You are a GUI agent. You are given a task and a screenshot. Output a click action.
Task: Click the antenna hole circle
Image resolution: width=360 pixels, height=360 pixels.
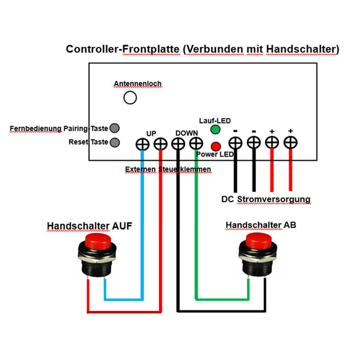130,97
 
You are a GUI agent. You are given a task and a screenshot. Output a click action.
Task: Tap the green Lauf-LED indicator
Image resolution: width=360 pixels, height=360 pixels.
215,130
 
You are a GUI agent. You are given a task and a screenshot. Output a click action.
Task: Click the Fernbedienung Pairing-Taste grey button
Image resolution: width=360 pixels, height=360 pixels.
114,128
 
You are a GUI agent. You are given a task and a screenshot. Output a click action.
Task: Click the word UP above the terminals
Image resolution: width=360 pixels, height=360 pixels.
151,133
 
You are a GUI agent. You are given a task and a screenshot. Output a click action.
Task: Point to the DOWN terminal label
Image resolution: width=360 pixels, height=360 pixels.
187,133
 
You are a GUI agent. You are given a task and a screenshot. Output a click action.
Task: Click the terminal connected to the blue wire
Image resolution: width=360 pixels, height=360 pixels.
142,144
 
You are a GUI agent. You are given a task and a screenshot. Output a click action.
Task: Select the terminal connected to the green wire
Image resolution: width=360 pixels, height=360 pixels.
196,144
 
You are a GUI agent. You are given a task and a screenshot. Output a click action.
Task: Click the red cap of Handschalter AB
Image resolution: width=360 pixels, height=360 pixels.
260,244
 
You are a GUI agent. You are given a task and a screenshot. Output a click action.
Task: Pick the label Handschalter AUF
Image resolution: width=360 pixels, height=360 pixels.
89,226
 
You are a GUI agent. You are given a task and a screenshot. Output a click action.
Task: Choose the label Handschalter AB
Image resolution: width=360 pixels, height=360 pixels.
260,225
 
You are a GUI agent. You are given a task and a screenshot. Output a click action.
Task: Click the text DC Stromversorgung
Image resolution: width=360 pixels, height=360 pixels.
265,199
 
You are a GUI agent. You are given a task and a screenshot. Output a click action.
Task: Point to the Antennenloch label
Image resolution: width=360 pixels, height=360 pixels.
137,83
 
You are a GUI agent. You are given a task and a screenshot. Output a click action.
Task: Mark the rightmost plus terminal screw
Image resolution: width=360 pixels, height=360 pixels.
290,143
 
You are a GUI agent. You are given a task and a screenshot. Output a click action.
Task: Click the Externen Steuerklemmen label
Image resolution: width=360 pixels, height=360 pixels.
168,170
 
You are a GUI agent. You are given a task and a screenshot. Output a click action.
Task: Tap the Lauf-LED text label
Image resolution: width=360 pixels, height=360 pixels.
215,120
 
